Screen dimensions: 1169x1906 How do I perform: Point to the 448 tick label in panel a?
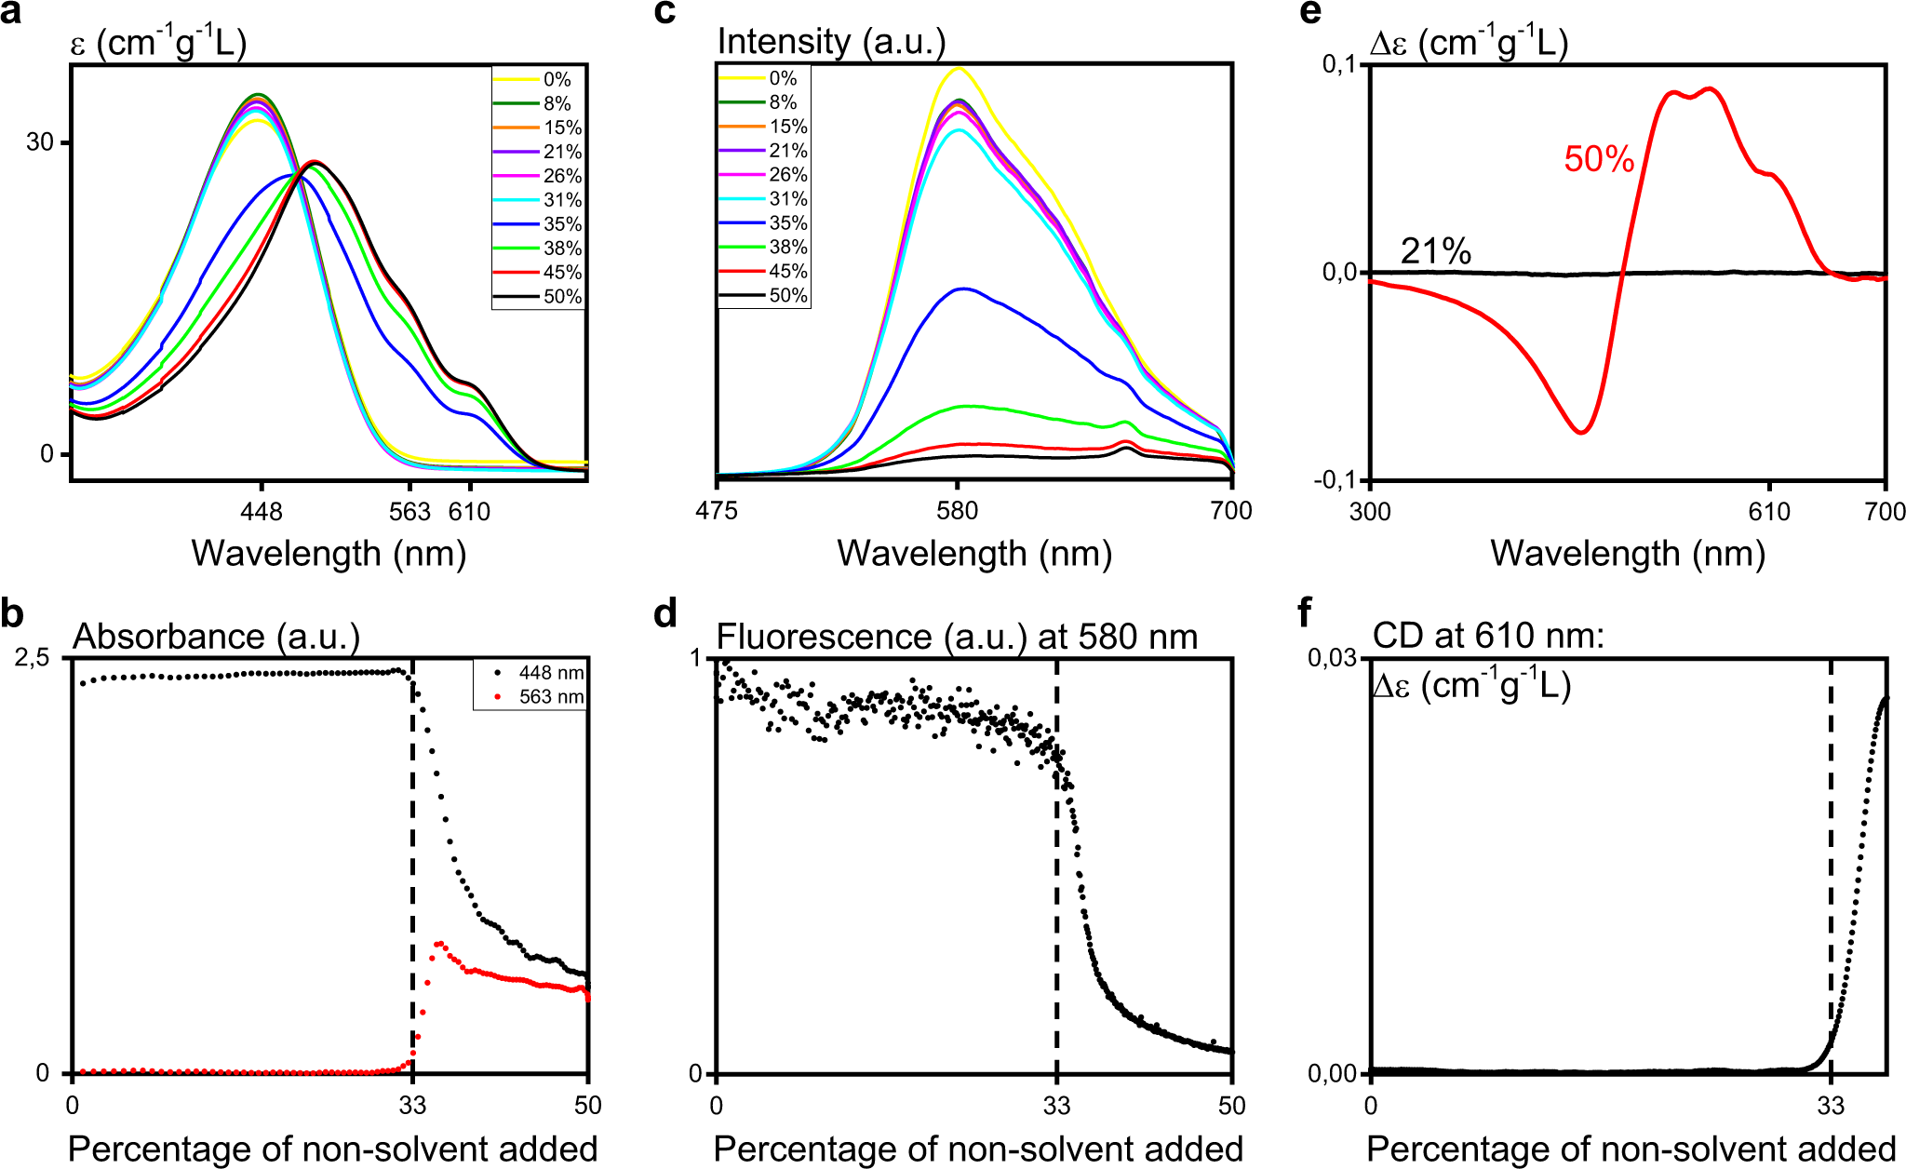point(262,511)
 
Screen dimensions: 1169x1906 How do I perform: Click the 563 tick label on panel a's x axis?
point(409,511)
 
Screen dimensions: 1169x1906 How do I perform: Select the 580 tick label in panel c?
point(958,510)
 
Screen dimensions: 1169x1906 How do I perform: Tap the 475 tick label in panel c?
point(717,510)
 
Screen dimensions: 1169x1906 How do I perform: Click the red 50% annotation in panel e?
point(1599,159)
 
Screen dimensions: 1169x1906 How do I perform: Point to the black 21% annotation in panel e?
point(1436,251)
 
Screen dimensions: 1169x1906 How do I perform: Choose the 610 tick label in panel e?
point(1769,511)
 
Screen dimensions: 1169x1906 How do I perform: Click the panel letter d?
point(665,614)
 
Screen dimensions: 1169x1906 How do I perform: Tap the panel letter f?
point(1305,613)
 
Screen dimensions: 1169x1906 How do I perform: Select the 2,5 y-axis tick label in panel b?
point(31,658)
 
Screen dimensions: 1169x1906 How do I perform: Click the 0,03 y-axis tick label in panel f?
point(1332,658)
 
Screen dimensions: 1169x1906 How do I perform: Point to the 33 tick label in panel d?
point(1056,1106)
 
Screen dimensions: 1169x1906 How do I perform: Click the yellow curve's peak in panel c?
point(959,68)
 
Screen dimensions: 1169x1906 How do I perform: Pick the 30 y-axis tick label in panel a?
point(40,142)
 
